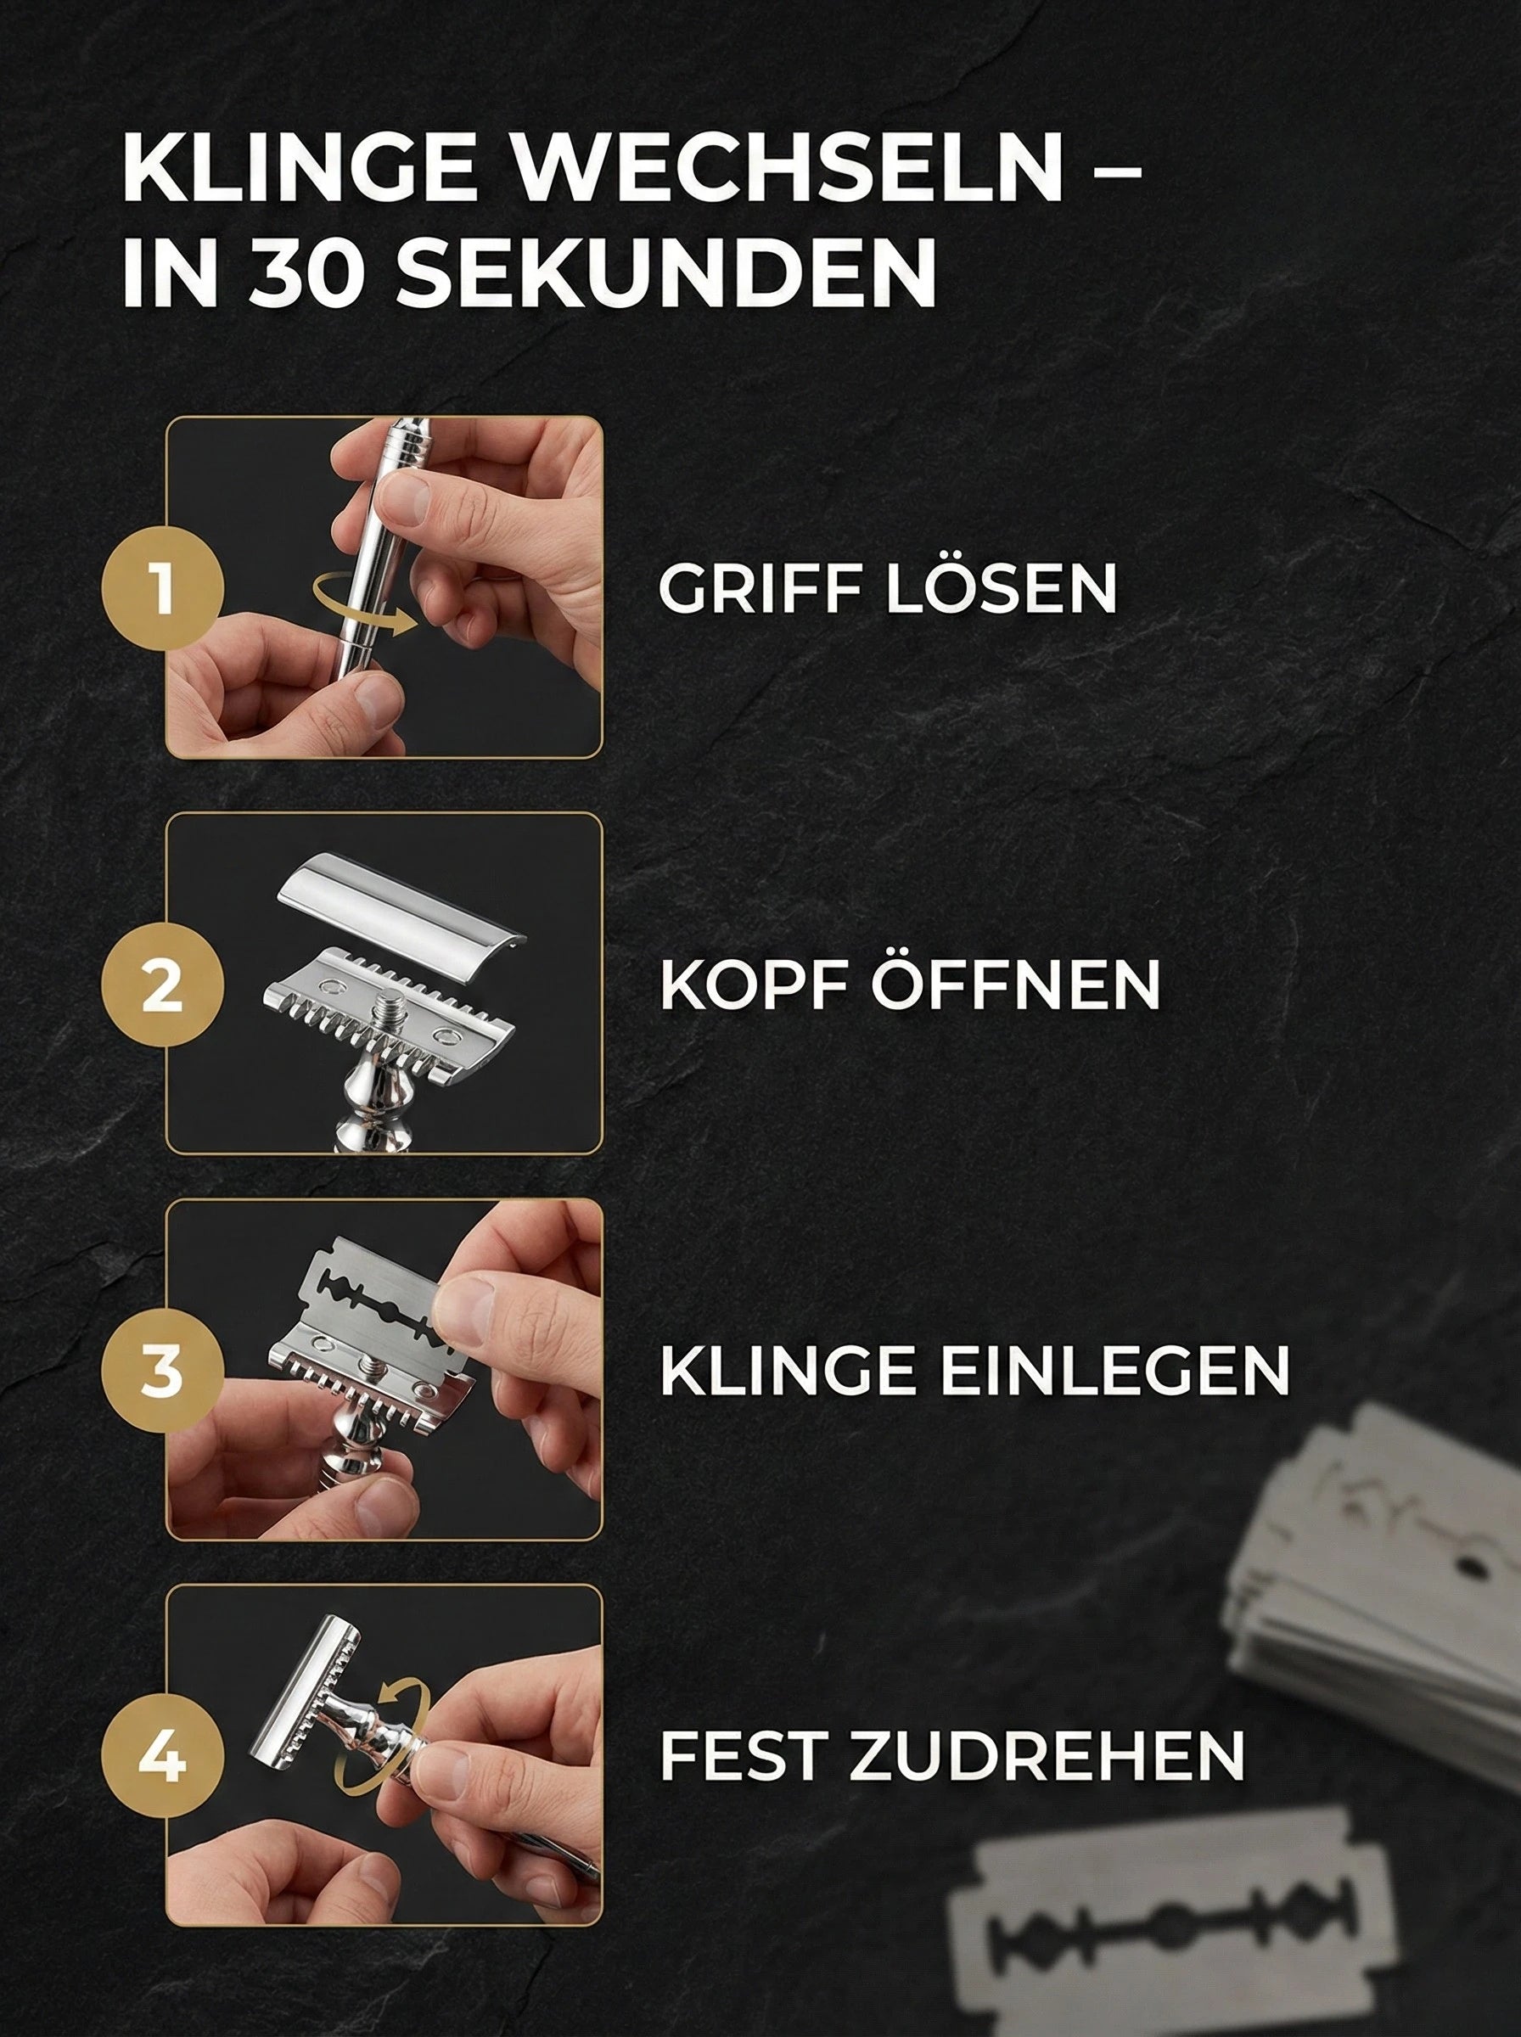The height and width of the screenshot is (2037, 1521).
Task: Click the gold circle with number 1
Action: click(162, 589)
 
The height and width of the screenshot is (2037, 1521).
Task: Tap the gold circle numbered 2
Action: click(162, 985)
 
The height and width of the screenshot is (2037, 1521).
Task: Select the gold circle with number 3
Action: click(162, 1372)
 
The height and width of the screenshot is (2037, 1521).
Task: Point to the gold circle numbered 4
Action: click(162, 1758)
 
